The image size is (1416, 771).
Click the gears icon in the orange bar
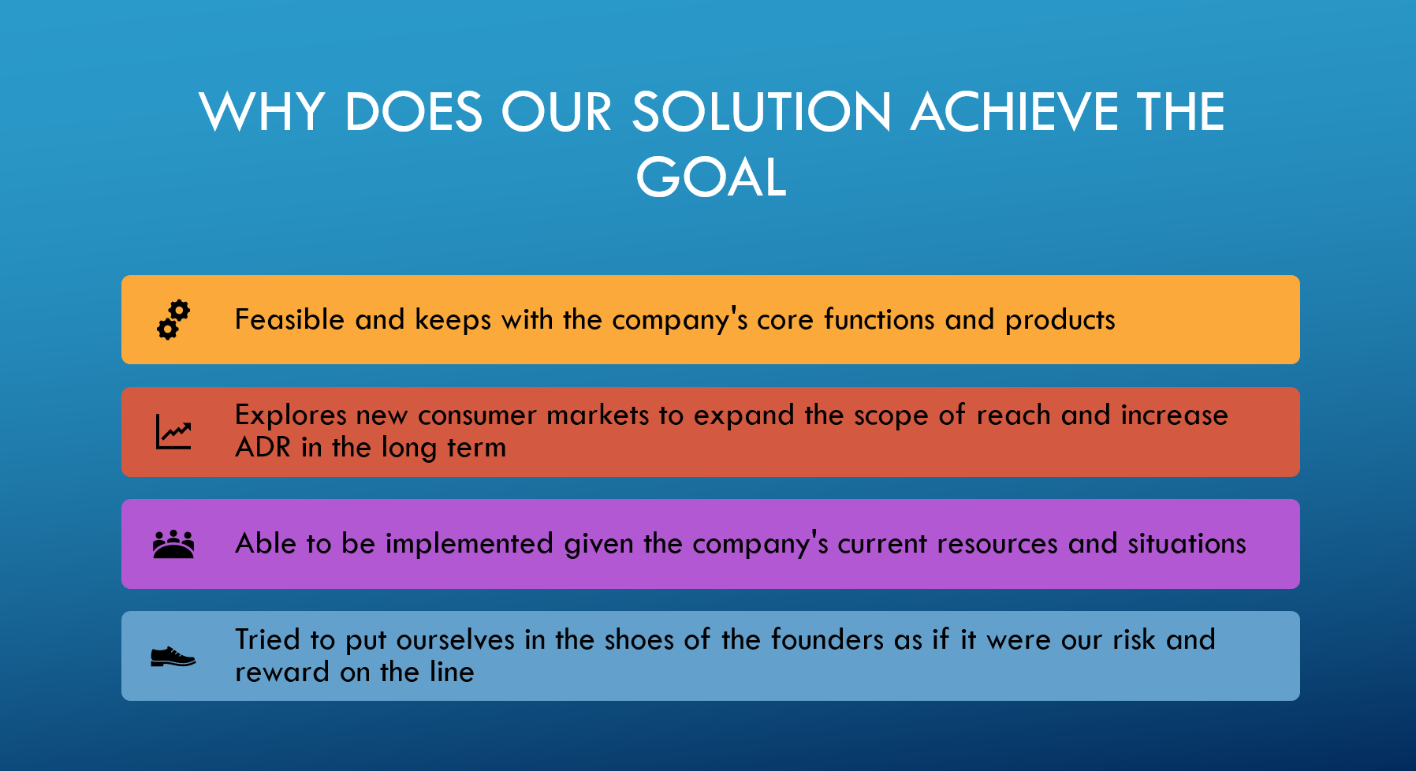click(x=173, y=319)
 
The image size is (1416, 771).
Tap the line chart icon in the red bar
click(x=173, y=432)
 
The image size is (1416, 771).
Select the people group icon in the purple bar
click(x=173, y=544)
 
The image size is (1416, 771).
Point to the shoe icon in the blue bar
click(x=173, y=656)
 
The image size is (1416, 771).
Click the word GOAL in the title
click(x=711, y=177)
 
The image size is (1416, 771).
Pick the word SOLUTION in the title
click(x=762, y=111)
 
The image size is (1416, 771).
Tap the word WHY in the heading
click(x=262, y=111)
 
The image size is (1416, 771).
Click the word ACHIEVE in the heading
click(x=1014, y=111)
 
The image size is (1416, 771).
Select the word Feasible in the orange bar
click(x=290, y=319)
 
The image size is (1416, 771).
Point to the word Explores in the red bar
click(x=291, y=415)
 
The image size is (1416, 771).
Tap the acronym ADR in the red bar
click(x=263, y=447)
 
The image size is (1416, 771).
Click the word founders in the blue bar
click(x=827, y=639)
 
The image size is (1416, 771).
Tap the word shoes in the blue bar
click(x=639, y=639)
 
